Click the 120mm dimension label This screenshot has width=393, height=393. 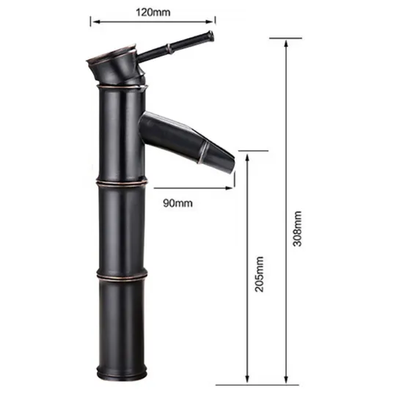153,12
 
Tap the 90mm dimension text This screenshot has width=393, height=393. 177,203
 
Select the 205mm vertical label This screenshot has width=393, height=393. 260,274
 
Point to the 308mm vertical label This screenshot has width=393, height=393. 298,229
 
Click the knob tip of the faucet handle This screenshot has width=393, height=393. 210,35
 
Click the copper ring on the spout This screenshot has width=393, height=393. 204,151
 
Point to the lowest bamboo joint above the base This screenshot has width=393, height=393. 122,275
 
